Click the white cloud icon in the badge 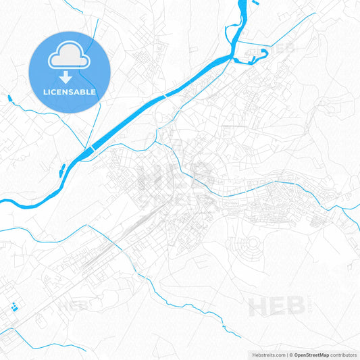pos(69,58)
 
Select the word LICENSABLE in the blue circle pos(69,91)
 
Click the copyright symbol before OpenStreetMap pos(291,355)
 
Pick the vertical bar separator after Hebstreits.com pos(286,355)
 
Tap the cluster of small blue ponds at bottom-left pos(15,308)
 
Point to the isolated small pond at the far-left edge pos(9,99)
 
